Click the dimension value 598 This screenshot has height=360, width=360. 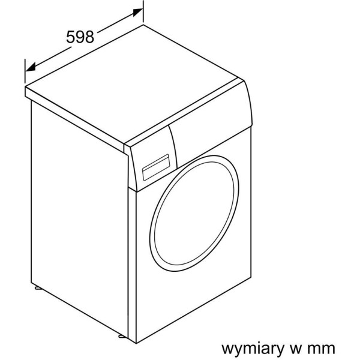coord(80,37)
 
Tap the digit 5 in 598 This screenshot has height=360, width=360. coord(71,37)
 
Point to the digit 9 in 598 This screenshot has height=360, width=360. coord(80,37)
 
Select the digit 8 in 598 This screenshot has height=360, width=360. coord(89,37)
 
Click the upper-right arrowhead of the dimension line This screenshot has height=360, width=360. coord(138,12)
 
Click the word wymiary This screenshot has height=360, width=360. coord(253,349)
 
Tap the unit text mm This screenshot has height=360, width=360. coord(321,349)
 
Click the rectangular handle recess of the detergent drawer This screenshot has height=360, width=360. coord(156,167)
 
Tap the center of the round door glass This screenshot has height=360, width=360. coord(194,213)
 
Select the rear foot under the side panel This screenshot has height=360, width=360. coord(38,287)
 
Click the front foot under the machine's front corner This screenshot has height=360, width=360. coord(122,336)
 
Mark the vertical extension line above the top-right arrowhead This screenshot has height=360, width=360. coord(143,11)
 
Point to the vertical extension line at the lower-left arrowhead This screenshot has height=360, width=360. coord(25,71)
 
